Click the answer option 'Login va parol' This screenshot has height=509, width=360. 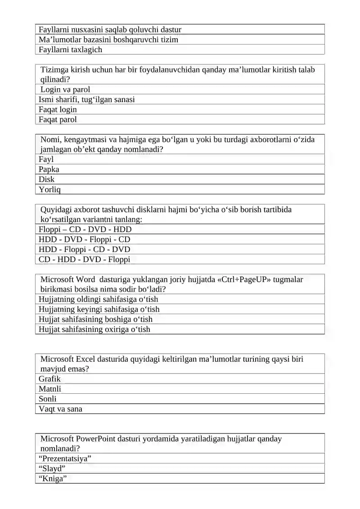tap(65, 90)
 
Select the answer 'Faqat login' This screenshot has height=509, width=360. tap(58, 109)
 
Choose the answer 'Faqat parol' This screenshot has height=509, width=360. tap(58, 119)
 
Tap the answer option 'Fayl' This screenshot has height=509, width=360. tap(46, 159)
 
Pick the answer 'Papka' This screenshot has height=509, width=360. tap(49, 169)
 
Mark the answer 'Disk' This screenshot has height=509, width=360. tap(46, 179)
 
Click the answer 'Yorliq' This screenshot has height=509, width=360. tap(49, 189)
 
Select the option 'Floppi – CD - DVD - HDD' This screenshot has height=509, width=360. tap(85, 230)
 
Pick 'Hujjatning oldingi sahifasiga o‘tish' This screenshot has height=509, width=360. tap(98, 299)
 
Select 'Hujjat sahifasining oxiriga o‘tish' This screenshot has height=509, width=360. tap(94, 329)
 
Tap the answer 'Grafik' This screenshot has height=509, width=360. tap(49, 379)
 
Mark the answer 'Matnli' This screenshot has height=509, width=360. tap(50, 389)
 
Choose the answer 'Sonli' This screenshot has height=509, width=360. tap(48, 399)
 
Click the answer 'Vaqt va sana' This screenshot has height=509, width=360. tap(60, 409)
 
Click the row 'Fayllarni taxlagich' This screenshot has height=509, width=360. tap(70, 50)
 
